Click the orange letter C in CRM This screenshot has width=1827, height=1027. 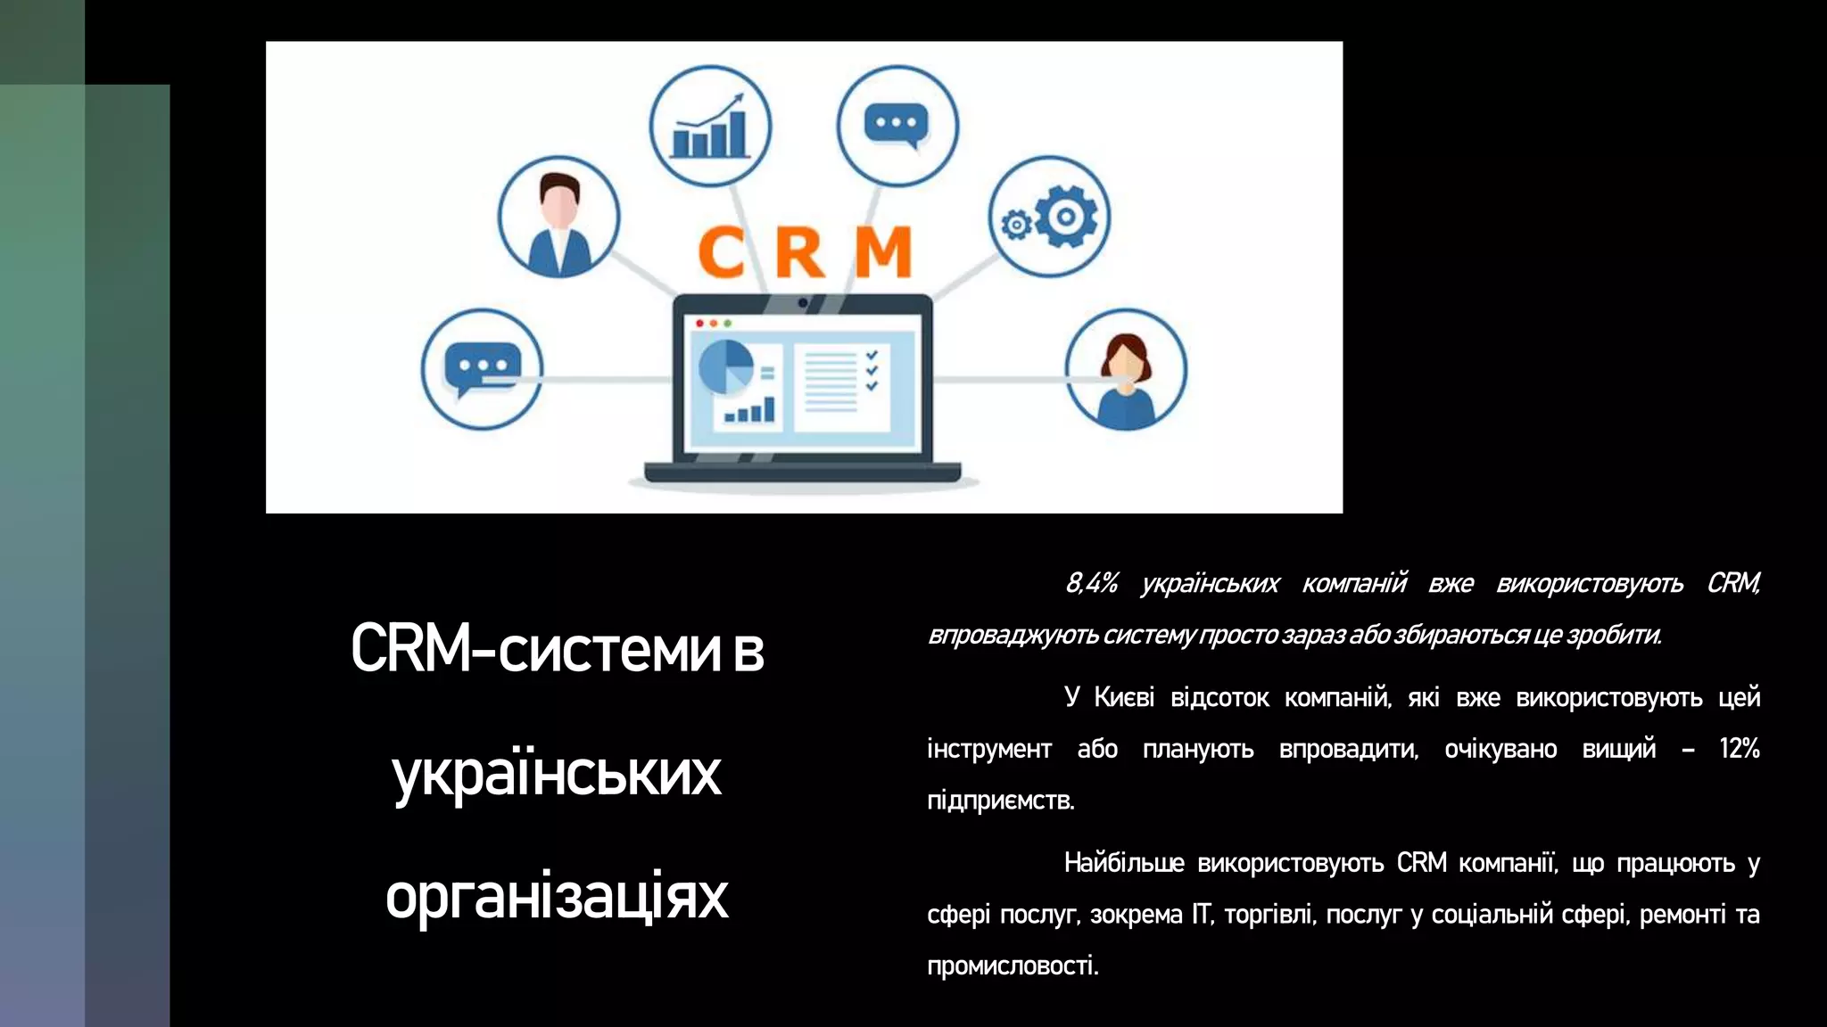click(721, 252)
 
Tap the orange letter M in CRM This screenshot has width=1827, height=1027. click(883, 252)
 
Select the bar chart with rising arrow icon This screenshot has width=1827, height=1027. click(710, 127)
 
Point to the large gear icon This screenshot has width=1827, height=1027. click(1065, 216)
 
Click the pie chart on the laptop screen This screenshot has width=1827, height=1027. click(724, 366)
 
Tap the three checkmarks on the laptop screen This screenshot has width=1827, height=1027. click(872, 370)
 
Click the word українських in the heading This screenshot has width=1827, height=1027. click(557, 773)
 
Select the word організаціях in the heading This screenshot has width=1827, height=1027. click(557, 896)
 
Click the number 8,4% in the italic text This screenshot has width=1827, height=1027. click(1091, 583)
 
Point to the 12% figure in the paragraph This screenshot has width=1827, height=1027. click(1739, 749)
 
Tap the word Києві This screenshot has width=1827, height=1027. click(1124, 697)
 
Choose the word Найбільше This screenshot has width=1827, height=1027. click(1124, 863)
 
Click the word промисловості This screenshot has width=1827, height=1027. click(1013, 966)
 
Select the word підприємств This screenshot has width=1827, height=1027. click(1001, 801)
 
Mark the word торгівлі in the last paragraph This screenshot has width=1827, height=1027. click(1269, 915)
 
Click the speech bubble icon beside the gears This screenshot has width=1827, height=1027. click(897, 126)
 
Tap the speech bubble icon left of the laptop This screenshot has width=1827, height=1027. click(482, 368)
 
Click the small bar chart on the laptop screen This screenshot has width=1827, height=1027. click(750, 411)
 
